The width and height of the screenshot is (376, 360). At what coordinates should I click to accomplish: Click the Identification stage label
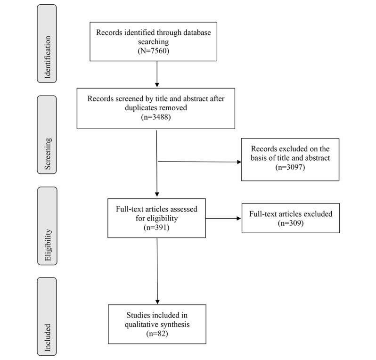coord(47,44)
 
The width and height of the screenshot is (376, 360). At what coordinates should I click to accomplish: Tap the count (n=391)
coord(156,226)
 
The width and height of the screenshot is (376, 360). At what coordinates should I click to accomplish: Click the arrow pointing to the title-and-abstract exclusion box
coord(198,162)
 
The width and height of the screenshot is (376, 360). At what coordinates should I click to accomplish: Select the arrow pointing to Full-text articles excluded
coord(224,218)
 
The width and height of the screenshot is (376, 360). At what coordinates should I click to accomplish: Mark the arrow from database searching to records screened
coord(156,74)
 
